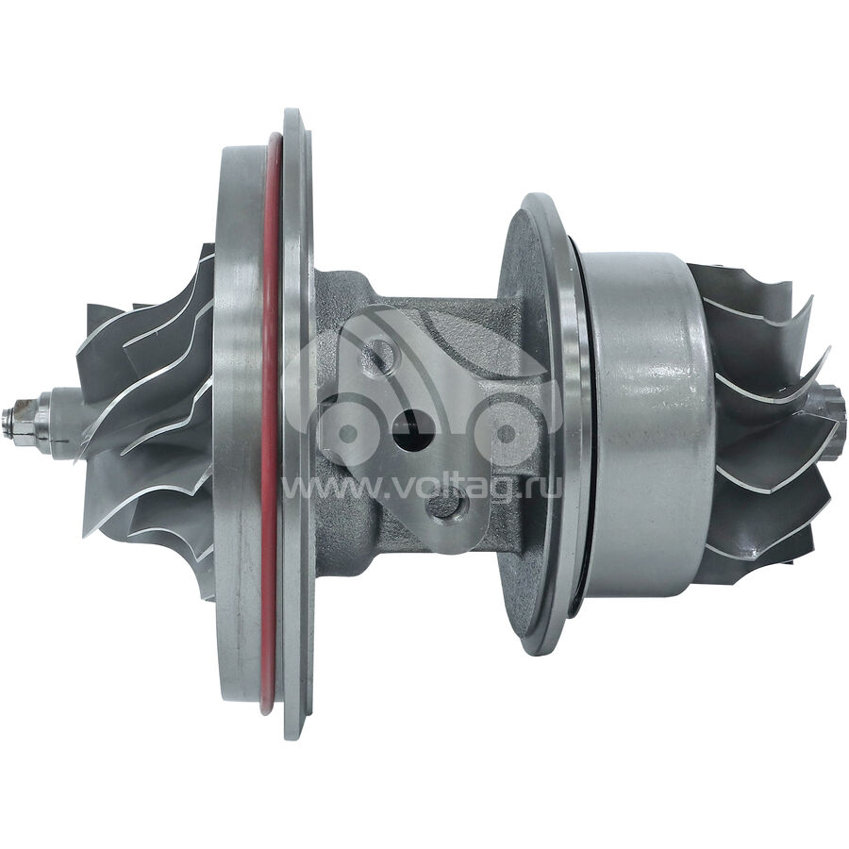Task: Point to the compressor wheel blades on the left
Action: point(146,417)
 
